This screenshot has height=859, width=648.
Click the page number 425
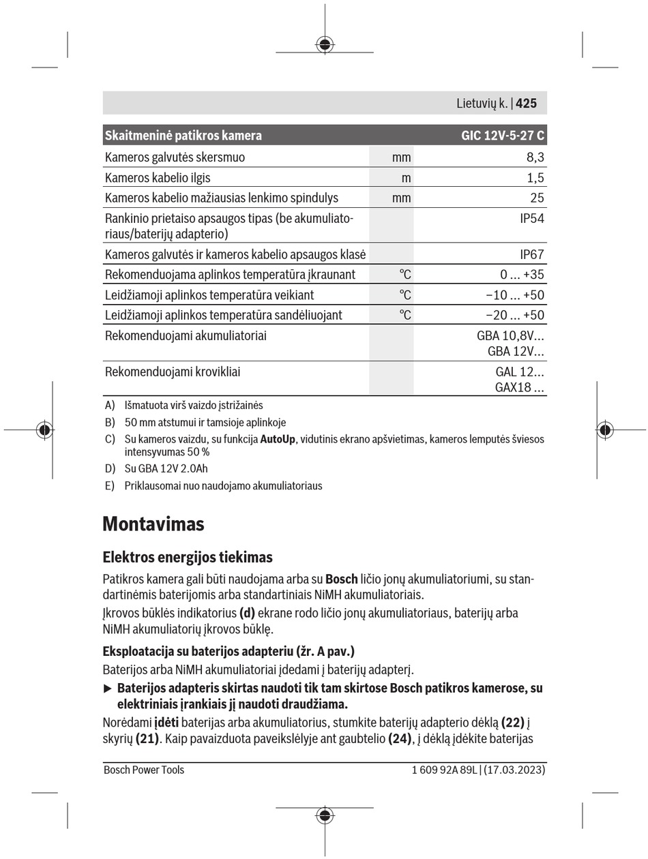tap(527, 104)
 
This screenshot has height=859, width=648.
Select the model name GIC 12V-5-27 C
tap(503, 135)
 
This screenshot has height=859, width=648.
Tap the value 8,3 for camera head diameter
tap(535, 157)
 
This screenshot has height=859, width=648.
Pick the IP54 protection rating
tap(531, 219)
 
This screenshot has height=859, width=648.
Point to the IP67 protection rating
tap(531, 254)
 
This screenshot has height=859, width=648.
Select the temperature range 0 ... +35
tap(522, 275)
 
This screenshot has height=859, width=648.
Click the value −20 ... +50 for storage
tap(515, 315)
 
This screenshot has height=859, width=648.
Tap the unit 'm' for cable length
tap(406, 178)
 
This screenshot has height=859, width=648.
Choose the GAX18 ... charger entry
tap(520, 388)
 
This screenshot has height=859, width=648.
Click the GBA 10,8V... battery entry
tap(510, 336)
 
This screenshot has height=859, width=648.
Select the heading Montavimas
tap(153, 524)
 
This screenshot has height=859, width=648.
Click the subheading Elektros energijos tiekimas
tap(188, 557)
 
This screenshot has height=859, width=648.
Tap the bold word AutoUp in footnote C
tap(278, 439)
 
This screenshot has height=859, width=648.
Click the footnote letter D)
tap(110, 468)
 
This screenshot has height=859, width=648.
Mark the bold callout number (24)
tap(401, 738)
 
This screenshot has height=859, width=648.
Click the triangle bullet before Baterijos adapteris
tap(107, 689)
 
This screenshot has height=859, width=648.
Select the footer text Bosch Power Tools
tap(144, 770)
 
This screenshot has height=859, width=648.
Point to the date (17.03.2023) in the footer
tap(515, 770)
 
